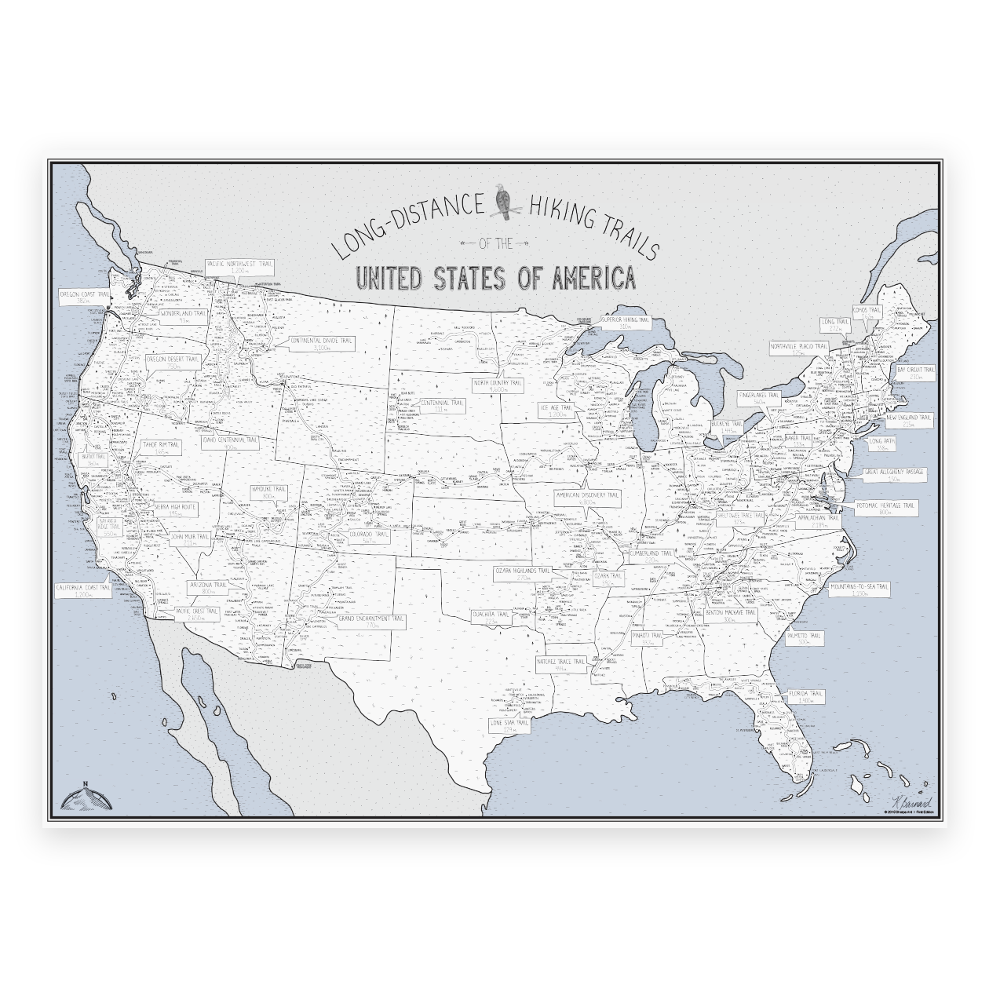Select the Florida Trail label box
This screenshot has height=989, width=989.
pos(805,697)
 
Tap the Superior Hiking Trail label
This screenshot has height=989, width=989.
pos(626,323)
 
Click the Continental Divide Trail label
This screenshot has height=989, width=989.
pos(322,343)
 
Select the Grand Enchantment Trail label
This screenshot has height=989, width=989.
pos(371,622)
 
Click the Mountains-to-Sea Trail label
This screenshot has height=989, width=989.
pos(860,589)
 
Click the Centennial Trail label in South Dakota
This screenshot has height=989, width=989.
pos(443,405)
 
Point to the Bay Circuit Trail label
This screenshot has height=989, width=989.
pos(916,372)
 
